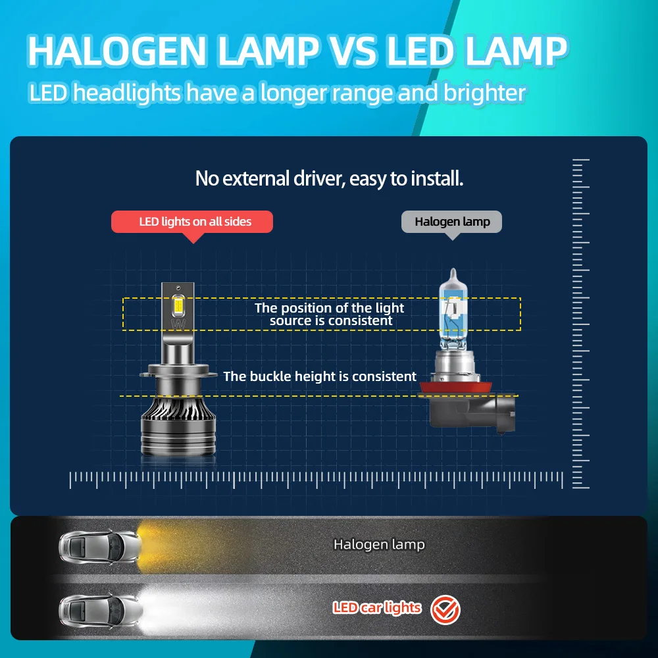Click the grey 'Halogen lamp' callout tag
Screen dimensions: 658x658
point(452,222)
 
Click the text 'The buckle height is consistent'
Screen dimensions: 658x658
point(320,376)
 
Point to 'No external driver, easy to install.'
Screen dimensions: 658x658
point(329,178)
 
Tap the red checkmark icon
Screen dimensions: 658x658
point(445,610)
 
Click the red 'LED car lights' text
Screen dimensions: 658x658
point(376,607)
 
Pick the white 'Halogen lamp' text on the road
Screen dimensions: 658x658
point(379,545)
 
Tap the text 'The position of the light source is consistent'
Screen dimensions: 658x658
point(330,315)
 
